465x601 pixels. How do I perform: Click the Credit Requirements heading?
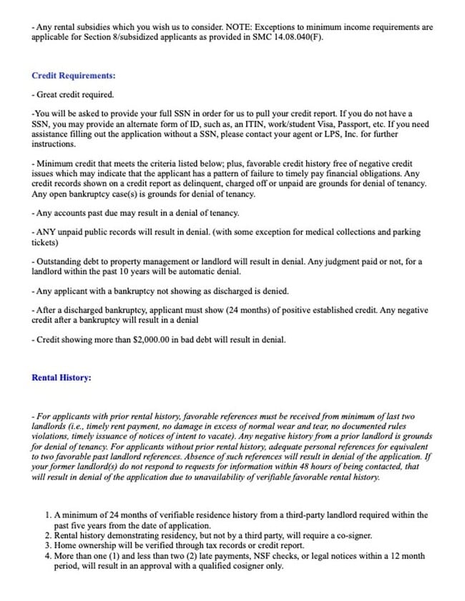[x=74, y=75]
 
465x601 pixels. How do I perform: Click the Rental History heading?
[x=62, y=377]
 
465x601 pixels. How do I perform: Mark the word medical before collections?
[x=300, y=232]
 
